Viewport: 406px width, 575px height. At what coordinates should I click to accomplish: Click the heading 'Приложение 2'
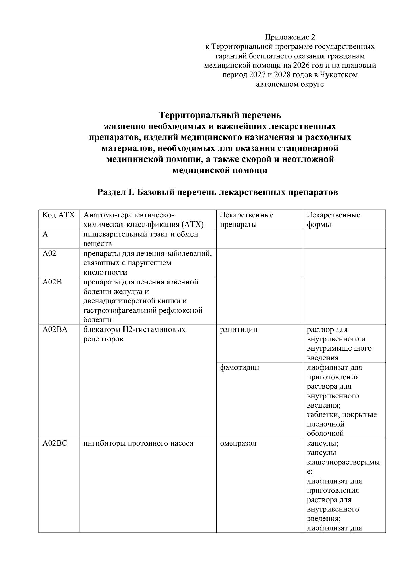click(290, 37)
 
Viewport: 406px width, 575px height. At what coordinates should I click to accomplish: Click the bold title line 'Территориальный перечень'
click(220, 115)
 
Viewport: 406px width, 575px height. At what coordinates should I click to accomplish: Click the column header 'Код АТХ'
click(58, 215)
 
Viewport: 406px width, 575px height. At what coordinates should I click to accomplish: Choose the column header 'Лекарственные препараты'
click(247, 219)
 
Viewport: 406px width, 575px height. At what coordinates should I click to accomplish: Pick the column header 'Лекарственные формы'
click(333, 219)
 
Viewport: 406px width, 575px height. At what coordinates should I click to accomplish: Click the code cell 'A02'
click(49, 253)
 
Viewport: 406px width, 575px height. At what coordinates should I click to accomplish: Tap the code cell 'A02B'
click(52, 282)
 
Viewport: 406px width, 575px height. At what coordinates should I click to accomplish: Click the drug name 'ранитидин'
click(238, 329)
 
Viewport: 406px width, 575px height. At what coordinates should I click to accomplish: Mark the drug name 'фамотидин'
click(239, 367)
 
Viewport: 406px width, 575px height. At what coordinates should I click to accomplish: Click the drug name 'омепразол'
click(238, 443)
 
